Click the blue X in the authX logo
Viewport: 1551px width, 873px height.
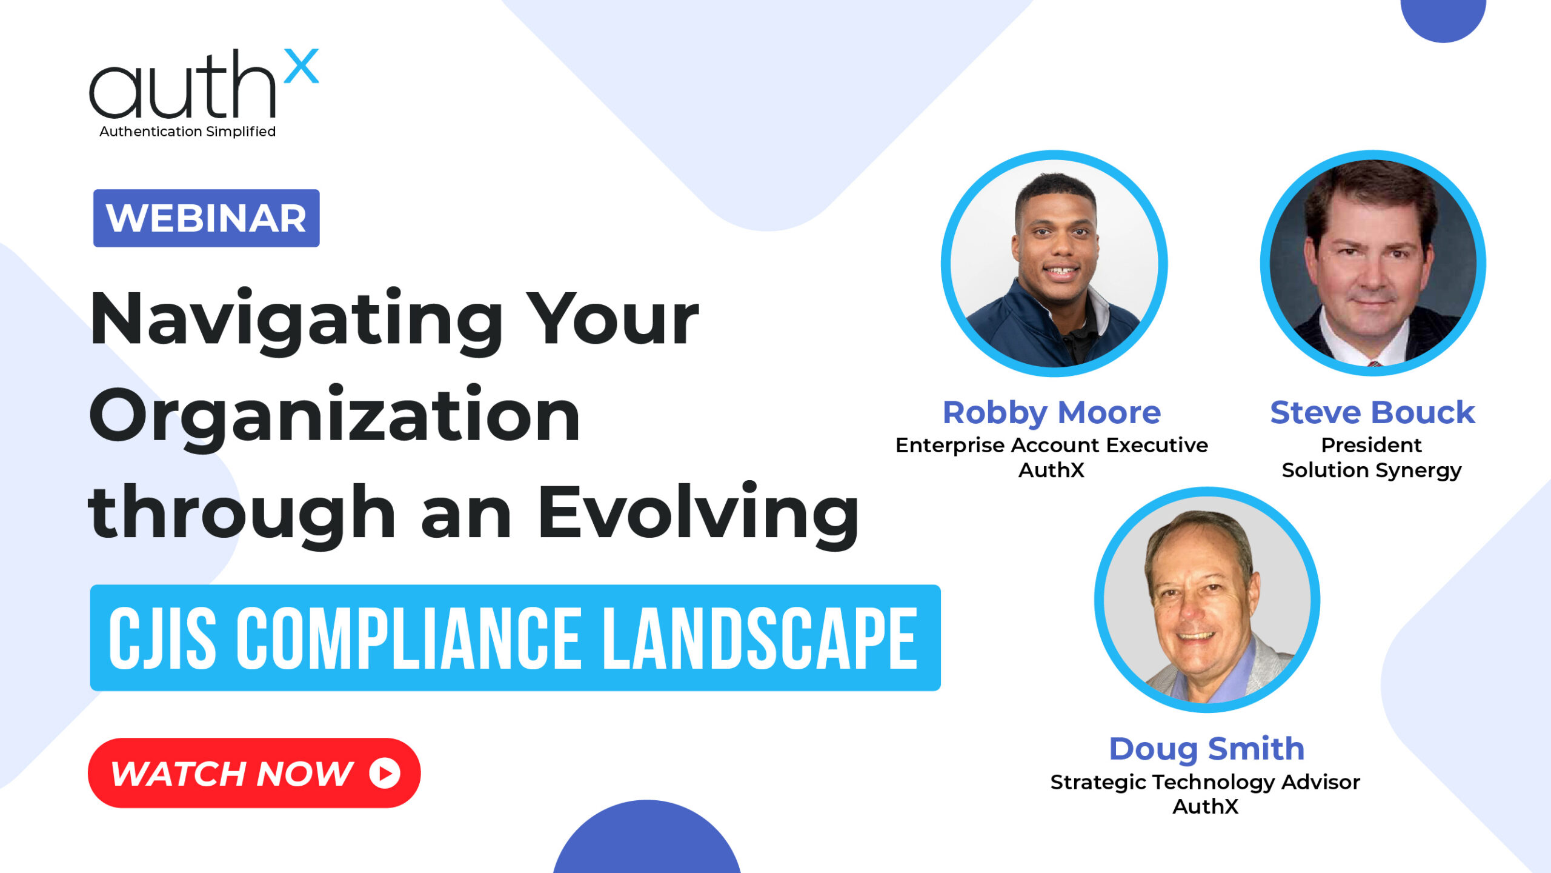tap(301, 66)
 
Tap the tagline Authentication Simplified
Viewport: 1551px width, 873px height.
tap(188, 132)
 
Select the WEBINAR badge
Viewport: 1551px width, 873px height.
tap(206, 218)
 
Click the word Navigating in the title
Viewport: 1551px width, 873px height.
tap(296, 321)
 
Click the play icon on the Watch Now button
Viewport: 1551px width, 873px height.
tap(385, 773)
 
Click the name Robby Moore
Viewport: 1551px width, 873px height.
tap(1052, 413)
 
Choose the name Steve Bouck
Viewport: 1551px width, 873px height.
tap(1372, 413)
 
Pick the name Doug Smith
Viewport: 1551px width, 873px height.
tap(1206, 749)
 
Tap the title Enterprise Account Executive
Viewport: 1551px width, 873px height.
tap(1052, 445)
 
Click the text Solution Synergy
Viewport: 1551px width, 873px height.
tap(1372, 470)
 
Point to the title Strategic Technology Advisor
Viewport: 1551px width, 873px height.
tap(1205, 782)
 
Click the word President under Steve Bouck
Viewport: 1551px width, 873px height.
tap(1372, 445)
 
